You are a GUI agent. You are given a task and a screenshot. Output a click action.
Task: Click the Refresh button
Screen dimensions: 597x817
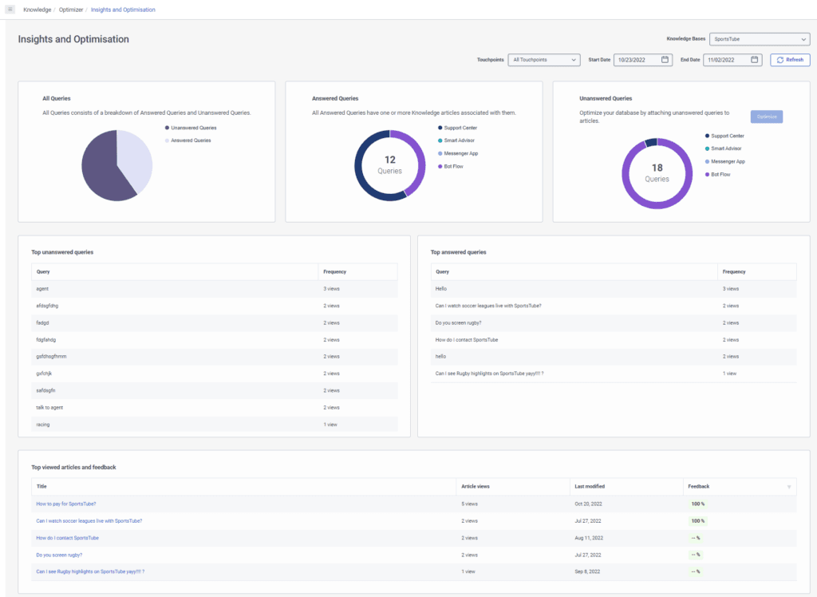(x=790, y=60)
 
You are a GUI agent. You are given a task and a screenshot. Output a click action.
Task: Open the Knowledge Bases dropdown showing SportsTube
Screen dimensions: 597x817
(x=760, y=38)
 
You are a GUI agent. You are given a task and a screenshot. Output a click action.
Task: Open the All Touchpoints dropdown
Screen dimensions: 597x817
(x=543, y=60)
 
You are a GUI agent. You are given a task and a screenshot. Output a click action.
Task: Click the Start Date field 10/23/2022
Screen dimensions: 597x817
(x=643, y=60)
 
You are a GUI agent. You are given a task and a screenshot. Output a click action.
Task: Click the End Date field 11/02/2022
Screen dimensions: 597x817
(x=732, y=60)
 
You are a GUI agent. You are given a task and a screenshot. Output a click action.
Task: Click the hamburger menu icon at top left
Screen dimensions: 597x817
(x=10, y=10)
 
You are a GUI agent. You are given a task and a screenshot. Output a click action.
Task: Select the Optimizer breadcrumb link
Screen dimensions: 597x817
(x=70, y=10)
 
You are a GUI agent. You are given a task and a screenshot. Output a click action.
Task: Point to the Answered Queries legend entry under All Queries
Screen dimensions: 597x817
(x=191, y=140)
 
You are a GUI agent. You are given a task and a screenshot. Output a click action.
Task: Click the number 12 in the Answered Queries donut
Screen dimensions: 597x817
(x=390, y=160)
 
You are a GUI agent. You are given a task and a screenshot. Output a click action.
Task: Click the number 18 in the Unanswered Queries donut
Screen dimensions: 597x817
(x=657, y=168)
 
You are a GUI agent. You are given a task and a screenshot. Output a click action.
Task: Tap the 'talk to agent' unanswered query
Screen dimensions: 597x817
(x=49, y=407)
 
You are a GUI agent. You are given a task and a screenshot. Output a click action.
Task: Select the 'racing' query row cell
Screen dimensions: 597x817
(x=43, y=425)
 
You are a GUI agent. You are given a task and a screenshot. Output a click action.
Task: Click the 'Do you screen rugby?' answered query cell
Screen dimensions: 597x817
(x=458, y=322)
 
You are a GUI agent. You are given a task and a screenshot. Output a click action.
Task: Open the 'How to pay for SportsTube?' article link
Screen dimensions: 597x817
(x=66, y=504)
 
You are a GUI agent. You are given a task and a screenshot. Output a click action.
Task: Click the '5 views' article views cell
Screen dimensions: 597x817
(x=470, y=504)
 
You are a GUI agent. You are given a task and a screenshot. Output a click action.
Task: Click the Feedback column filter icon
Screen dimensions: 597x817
(x=789, y=487)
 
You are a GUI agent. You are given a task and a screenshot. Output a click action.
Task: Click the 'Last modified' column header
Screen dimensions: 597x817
(x=589, y=486)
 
